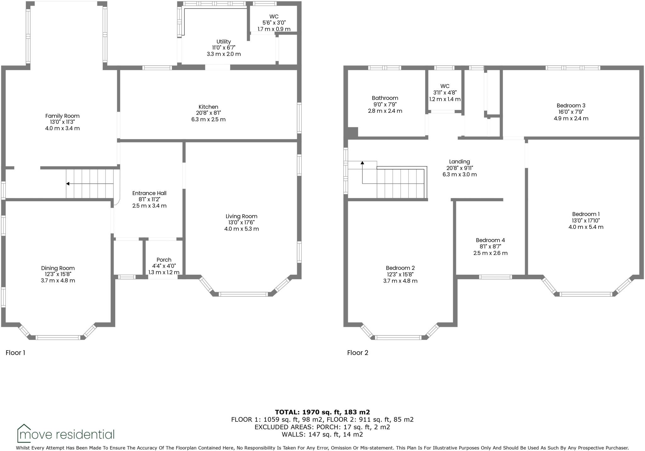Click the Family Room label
[62, 116]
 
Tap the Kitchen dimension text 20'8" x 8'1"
[208, 113]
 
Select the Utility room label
[224, 42]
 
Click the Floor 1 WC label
[274, 17]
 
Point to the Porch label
[164, 260]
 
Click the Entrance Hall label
[149, 193]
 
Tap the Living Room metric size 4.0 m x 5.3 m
[242, 229]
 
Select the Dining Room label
[58, 268]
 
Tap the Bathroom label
[385, 98]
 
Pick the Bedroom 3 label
[571, 106]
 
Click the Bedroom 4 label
[490, 240]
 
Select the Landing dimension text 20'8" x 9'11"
[459, 168]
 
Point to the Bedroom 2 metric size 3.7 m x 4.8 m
[400, 281]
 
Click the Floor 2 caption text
[357, 353]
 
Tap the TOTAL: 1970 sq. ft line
[322, 412]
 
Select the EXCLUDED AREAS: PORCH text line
[322, 427]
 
